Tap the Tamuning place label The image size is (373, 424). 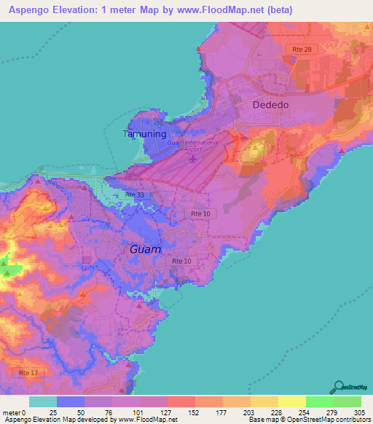144,135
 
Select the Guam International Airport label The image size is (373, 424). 192,143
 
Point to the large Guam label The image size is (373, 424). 146,248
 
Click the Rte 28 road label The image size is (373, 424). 302,49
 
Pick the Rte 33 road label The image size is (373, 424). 134,195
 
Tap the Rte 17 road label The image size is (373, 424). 28,373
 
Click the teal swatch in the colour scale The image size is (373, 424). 42,401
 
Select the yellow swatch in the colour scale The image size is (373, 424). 291,401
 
